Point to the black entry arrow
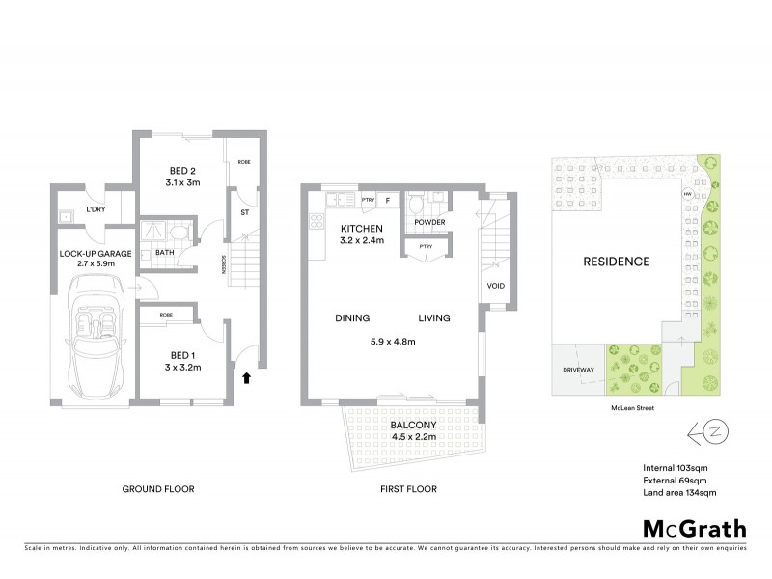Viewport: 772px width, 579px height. [x=246, y=377]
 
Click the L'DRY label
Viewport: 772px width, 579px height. [x=95, y=209]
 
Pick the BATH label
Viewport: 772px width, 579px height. [x=152, y=254]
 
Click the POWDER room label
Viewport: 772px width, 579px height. [x=429, y=222]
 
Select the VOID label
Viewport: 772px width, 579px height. [x=496, y=286]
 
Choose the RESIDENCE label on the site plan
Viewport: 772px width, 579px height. [x=615, y=262]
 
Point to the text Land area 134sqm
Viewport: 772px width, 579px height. [x=683, y=493]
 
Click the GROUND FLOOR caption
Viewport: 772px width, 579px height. [x=158, y=489]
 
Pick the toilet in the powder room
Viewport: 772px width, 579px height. [x=416, y=206]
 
